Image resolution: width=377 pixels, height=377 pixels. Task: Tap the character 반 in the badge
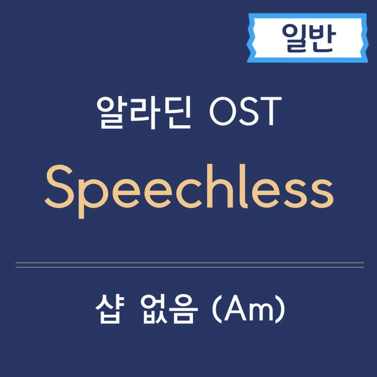322,38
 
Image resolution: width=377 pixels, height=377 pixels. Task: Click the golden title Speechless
188,189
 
